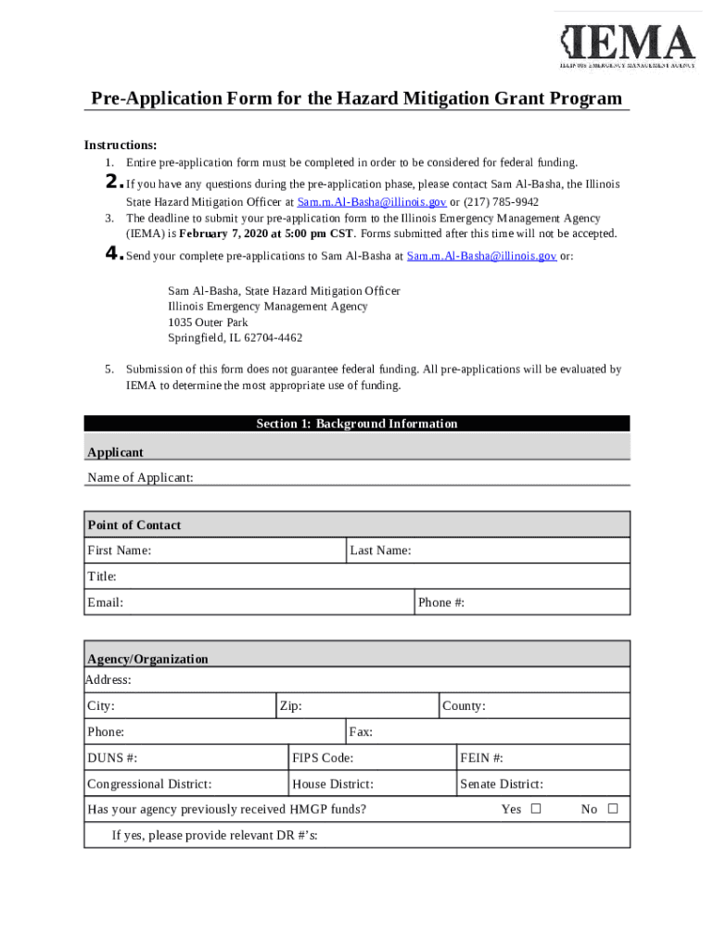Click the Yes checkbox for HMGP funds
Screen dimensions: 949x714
(536, 809)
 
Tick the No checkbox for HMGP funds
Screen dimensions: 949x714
(612, 809)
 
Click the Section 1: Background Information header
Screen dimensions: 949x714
(357, 424)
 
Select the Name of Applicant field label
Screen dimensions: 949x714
(140, 477)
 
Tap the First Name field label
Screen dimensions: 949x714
(120, 550)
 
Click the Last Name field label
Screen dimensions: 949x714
(380, 550)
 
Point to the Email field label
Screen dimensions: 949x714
(105, 602)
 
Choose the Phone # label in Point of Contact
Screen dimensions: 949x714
(441, 602)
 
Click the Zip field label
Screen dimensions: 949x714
(291, 706)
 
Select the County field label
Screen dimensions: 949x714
(464, 706)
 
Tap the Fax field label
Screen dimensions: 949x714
(362, 732)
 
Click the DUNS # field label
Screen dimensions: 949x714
(112, 758)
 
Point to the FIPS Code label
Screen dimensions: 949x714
(323, 758)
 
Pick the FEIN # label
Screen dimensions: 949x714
(482, 758)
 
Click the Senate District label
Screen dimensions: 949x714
(502, 784)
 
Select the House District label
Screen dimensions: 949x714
(333, 784)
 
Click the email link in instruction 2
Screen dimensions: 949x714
(372, 201)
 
